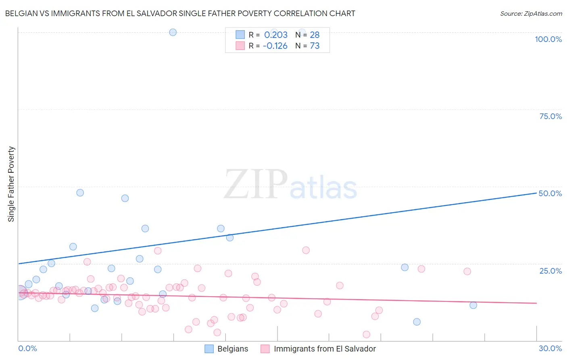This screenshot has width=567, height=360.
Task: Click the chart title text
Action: tap(180, 13)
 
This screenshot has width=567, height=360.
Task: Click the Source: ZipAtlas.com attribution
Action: tap(531, 13)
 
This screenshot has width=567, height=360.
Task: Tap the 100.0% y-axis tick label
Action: tap(548, 39)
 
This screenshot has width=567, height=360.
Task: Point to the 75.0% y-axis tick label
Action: tap(550, 116)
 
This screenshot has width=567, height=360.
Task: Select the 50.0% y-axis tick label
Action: tap(550, 193)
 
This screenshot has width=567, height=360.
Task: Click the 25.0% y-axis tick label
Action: tap(550, 271)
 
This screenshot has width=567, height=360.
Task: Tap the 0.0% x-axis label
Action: tap(27, 348)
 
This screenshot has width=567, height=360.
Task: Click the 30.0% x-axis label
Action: tap(550, 348)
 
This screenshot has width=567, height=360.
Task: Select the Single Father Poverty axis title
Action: tap(11, 184)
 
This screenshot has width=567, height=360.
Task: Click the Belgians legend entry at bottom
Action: tap(226, 349)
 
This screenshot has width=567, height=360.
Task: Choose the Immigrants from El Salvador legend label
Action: tap(318, 349)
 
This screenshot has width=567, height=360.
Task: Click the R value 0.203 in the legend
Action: tap(276, 35)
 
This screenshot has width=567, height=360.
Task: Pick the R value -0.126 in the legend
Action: tap(275, 46)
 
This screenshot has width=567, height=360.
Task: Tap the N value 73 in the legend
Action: tap(315, 46)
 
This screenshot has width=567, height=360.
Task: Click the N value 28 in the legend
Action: tap(315, 35)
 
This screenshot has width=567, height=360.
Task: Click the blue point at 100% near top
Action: tap(173, 32)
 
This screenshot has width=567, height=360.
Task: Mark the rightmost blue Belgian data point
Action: tap(473, 305)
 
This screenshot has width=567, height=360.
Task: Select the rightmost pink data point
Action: tap(467, 271)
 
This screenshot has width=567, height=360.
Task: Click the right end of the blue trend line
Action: tap(536, 193)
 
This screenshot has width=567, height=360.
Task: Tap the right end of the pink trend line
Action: tap(536, 303)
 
